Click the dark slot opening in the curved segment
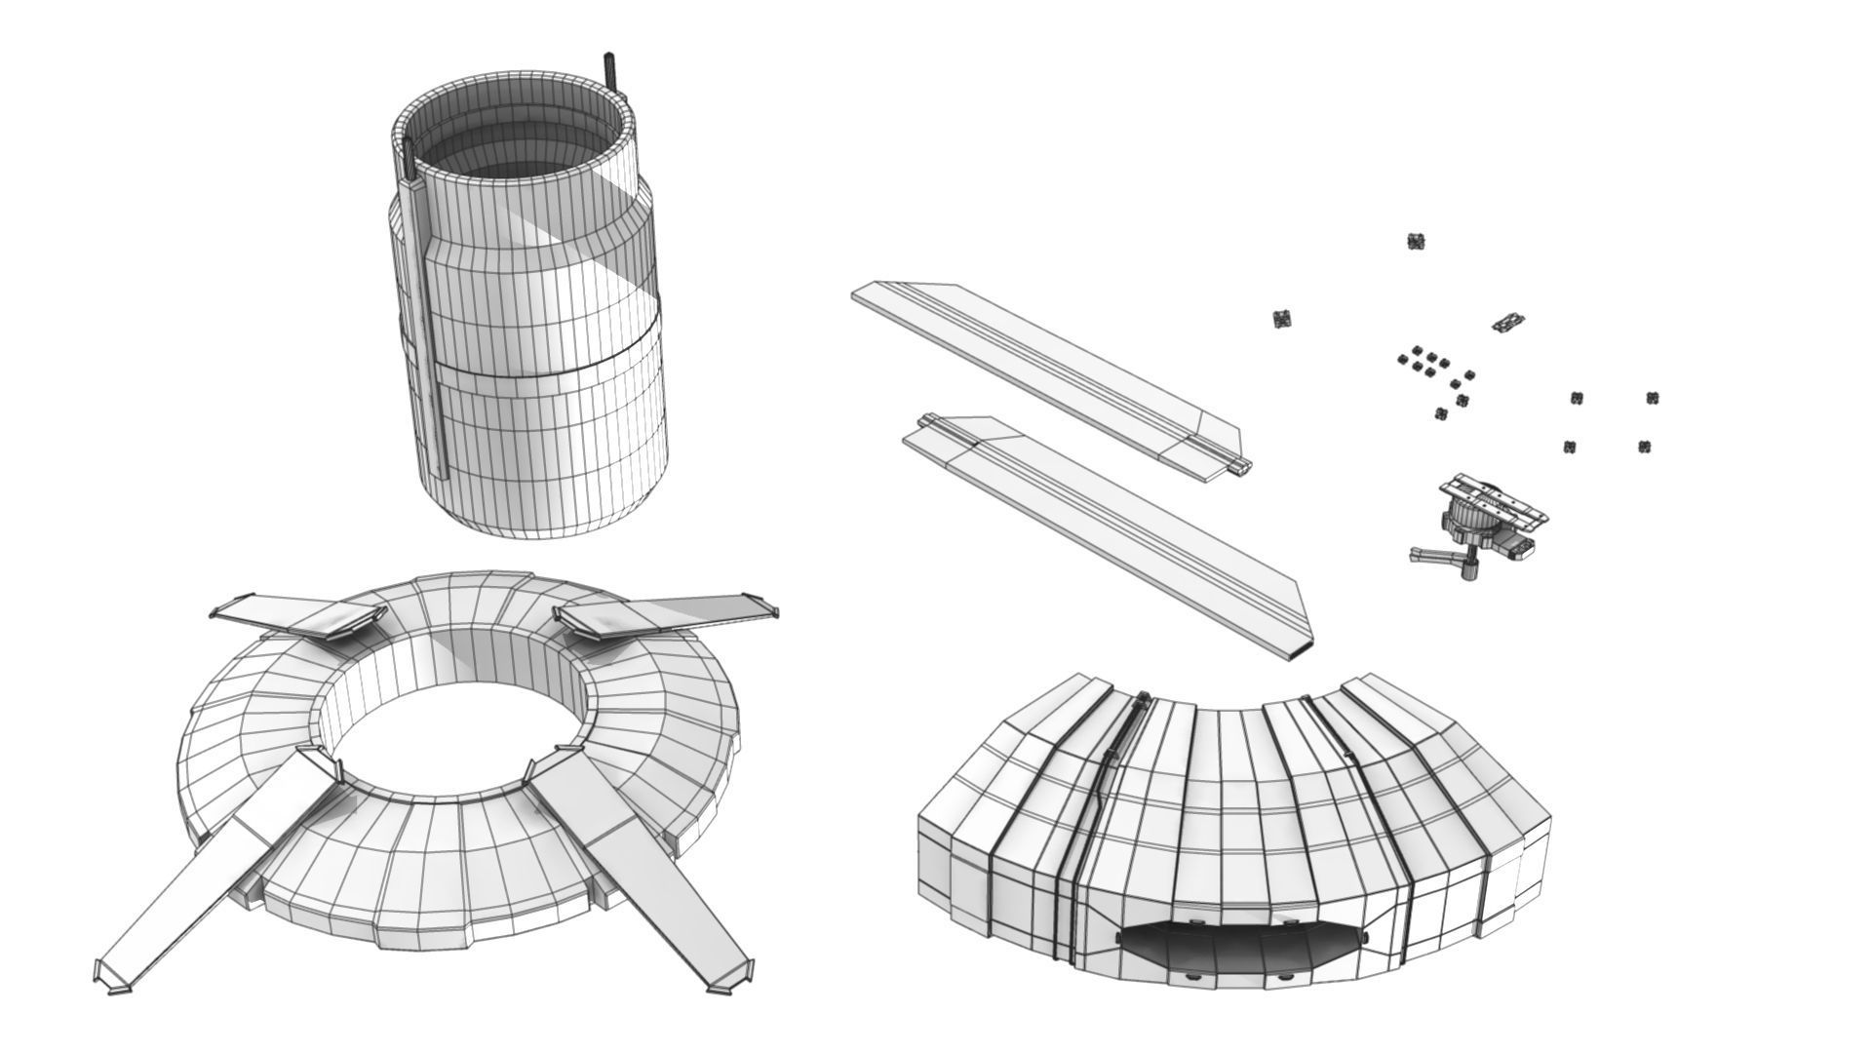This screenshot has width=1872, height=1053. click(1238, 947)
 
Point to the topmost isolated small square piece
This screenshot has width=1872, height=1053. click(1418, 241)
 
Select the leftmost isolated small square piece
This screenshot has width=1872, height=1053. click(1283, 318)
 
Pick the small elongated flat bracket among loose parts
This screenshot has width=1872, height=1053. click(1508, 322)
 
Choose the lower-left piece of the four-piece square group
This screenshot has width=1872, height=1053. click(1570, 447)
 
